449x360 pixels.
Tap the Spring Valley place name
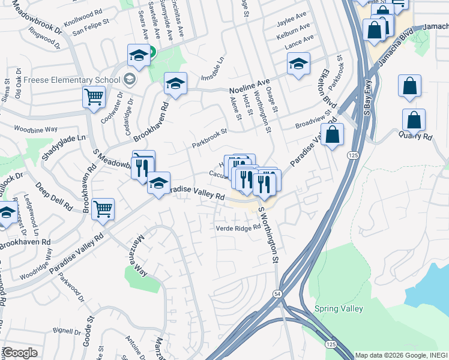pyautogui.click(x=339, y=308)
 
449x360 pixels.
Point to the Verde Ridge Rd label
pyautogui.click(x=238, y=227)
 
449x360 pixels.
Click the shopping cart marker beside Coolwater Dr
pyautogui.click(x=94, y=97)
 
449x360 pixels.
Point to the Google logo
pyautogui.click(x=20, y=353)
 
